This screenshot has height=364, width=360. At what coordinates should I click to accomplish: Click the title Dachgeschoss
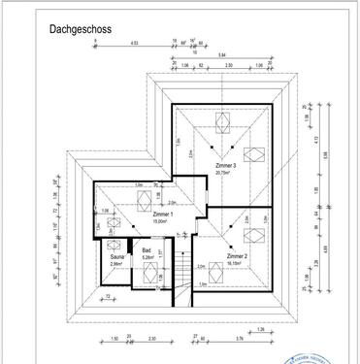(81, 30)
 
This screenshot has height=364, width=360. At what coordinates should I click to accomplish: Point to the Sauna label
(116, 256)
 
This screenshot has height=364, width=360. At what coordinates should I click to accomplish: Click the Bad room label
(146, 251)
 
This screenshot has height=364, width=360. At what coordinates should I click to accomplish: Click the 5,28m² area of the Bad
(147, 258)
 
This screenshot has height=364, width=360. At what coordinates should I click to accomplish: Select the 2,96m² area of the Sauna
(116, 263)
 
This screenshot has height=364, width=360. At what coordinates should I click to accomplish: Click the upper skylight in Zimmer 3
(222, 120)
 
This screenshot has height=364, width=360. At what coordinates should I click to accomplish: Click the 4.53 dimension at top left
(135, 44)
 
